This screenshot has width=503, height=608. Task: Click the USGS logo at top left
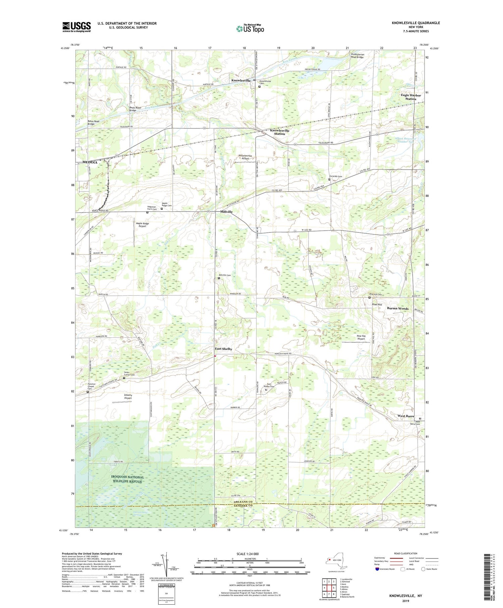pos(76,27)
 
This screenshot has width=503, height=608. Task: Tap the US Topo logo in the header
pos(250,29)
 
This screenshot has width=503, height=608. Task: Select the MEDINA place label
pos(90,162)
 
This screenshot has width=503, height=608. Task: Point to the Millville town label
pos(226,212)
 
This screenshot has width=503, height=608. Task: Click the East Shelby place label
pos(223,349)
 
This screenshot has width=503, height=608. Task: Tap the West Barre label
pos(406,416)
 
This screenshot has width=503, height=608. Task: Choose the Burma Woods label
pos(398,308)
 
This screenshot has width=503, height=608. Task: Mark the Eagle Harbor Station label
pos(411,97)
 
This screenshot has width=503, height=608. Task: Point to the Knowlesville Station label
pos(280,132)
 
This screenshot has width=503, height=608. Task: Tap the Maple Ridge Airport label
pos(142,225)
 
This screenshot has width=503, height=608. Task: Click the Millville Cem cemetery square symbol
pos(219,278)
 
